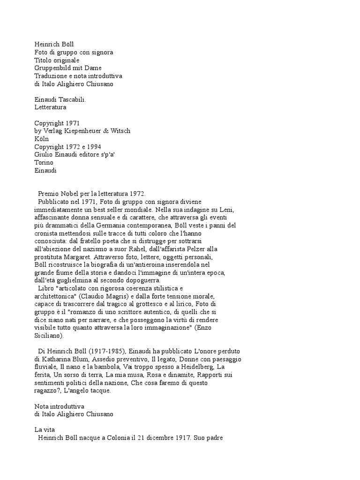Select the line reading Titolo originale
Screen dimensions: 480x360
click(57, 60)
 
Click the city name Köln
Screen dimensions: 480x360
click(42, 139)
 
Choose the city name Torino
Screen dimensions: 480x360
click(44, 163)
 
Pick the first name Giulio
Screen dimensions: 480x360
click(44, 155)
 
